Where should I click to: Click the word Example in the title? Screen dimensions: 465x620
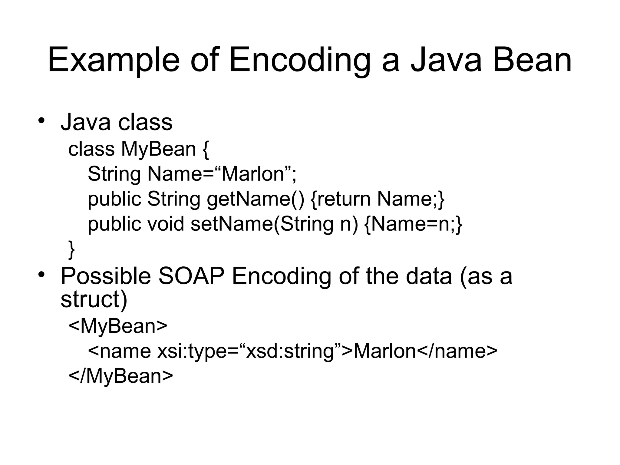(x=114, y=61)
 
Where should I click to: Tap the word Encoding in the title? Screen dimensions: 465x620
(x=300, y=61)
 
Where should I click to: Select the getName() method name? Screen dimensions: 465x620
(x=255, y=199)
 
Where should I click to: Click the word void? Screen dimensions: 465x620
(x=165, y=224)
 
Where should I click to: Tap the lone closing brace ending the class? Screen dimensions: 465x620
(x=71, y=249)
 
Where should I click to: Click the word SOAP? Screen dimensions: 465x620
(x=191, y=276)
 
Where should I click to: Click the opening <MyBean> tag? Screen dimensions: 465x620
(x=118, y=326)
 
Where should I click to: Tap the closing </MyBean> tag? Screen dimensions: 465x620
(x=121, y=376)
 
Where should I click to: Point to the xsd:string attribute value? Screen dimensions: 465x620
(x=291, y=351)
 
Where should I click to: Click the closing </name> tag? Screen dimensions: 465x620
(x=457, y=351)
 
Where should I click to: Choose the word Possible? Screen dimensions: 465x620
(x=106, y=276)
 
